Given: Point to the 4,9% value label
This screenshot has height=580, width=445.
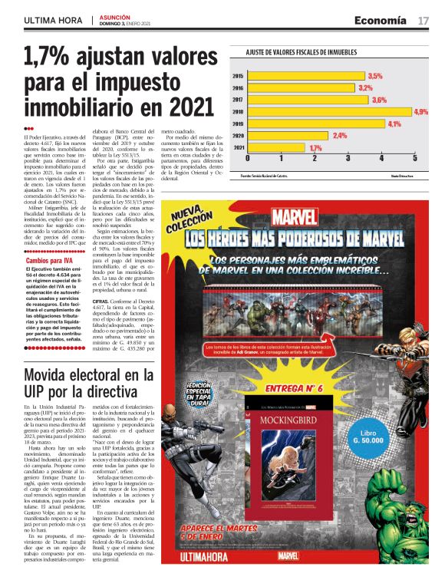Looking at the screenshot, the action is coord(420,111).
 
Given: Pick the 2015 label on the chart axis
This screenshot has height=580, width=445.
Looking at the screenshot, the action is coord(238,76).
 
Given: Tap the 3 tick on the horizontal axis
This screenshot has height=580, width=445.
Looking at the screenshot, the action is coord(348,157).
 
